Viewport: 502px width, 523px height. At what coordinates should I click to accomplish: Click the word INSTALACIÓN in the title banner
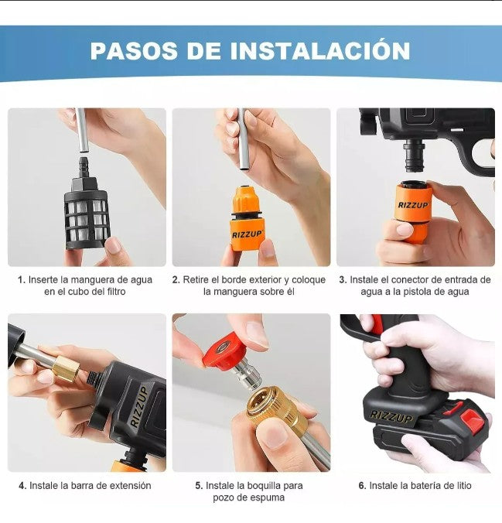(x=320, y=51)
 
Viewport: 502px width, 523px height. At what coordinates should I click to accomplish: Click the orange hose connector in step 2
(x=248, y=220)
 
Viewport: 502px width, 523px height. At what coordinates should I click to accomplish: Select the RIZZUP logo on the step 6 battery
(x=391, y=416)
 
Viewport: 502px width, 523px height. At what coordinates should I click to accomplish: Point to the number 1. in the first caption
(x=22, y=280)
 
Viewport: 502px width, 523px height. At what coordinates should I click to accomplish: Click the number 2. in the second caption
(x=176, y=280)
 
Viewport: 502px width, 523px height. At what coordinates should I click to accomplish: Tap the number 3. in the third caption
(x=343, y=280)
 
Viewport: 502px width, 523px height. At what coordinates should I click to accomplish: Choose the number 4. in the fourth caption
(x=22, y=486)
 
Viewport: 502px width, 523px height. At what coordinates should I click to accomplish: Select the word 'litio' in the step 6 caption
(x=459, y=486)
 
